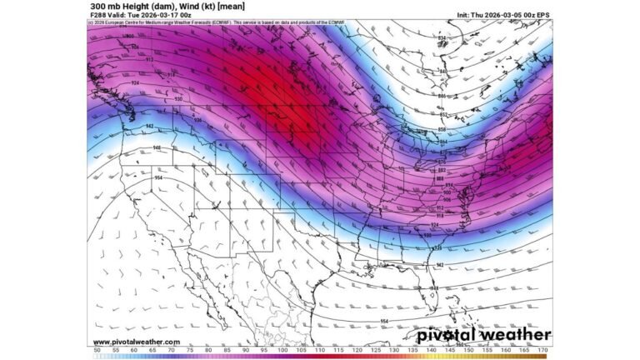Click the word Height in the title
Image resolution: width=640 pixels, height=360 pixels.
coord(133,6)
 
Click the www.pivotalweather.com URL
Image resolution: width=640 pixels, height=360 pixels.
coord(136,342)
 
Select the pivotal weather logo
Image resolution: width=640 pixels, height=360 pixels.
coord(484,335)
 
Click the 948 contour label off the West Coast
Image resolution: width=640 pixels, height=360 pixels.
coord(157,147)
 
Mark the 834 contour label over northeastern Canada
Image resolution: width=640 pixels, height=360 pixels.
coord(442,38)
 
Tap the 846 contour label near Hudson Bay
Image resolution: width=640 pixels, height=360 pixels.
coord(442,96)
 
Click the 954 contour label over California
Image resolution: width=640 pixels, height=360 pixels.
coord(158,177)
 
